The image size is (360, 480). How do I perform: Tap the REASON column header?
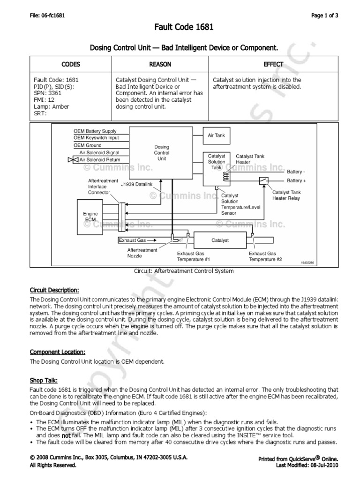tap(160, 64)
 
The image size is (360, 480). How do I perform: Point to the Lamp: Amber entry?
tap(51, 106)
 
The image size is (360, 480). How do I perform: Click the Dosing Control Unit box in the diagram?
tap(162, 153)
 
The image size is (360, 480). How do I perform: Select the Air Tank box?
tap(216, 135)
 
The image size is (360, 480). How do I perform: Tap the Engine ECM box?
tap(90, 217)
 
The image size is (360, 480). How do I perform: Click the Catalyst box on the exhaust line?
tap(220, 240)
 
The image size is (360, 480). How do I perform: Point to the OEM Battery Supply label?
tap(95, 131)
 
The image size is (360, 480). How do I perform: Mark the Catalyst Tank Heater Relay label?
tap(287, 195)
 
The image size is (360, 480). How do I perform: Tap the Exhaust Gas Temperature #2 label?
tap(265, 256)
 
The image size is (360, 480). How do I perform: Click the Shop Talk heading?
tap(44, 380)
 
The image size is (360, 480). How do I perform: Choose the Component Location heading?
tap(57, 352)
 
